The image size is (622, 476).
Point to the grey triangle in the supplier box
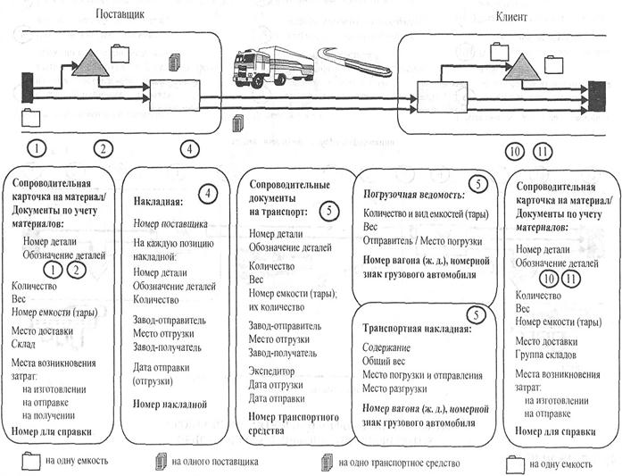89,64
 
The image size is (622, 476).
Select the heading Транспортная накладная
412,328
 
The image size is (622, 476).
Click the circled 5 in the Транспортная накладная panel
478,315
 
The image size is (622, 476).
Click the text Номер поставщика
171,223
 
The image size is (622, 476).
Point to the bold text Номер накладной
170,404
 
